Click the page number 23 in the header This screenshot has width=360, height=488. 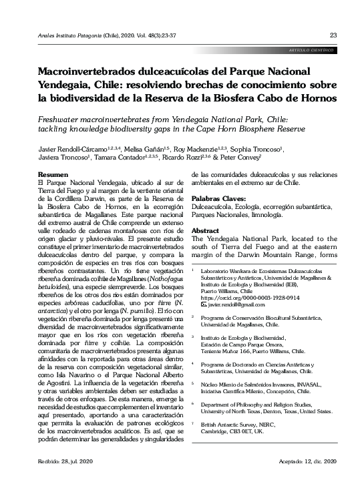[333, 35]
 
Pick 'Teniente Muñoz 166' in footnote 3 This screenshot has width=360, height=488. [226, 350]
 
